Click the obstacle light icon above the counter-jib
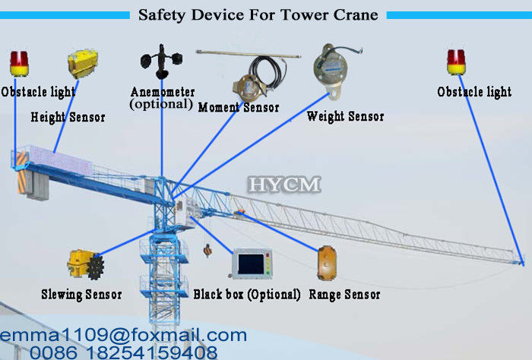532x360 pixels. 19,63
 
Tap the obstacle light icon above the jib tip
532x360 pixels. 456,62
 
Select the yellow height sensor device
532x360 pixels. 82,63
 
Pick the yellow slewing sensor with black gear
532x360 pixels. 85,265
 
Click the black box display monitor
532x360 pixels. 252,264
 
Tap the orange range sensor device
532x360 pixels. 327,263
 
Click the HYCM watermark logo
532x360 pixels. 284,185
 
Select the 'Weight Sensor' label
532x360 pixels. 345,116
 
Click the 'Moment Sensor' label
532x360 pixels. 239,107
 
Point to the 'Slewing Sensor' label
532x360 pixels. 81,295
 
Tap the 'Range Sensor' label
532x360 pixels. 344,295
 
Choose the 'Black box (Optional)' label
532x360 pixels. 247,295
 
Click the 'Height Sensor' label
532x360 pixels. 68,117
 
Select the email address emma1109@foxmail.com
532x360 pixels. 123,335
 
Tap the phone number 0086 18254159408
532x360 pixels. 123,352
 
